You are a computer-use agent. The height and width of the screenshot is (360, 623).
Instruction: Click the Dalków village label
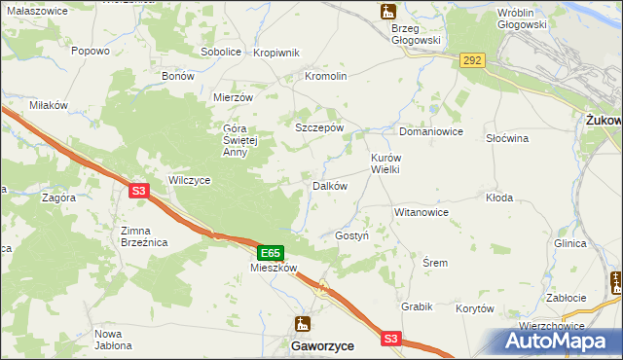coord(330,186)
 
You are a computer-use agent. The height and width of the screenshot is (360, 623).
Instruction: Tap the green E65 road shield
coord(272,252)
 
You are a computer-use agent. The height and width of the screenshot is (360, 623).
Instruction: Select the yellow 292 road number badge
coord(472,60)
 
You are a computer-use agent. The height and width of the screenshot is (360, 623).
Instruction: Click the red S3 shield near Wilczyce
coord(138,192)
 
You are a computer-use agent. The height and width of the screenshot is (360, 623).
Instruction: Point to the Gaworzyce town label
coord(322,345)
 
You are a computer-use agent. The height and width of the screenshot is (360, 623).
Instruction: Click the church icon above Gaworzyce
coord(303,324)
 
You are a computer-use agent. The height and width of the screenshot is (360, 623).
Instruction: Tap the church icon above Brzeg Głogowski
coord(388,12)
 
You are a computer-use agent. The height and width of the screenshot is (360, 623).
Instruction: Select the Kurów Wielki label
coord(385,162)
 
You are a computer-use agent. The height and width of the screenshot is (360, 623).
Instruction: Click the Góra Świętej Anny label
coord(238,139)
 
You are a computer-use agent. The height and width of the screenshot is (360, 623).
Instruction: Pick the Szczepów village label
coord(319,127)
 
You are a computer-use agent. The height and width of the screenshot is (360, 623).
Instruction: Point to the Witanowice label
coord(421,211)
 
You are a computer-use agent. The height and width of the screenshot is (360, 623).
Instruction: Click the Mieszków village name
coord(273,268)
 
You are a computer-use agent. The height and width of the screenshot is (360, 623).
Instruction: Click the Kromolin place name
coord(326,76)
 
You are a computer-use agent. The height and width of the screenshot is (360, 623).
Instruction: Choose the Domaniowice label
coord(430,131)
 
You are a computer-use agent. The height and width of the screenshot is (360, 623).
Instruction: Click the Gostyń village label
coord(352,236)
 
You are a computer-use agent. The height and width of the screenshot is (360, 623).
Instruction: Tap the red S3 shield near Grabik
coord(390,338)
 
